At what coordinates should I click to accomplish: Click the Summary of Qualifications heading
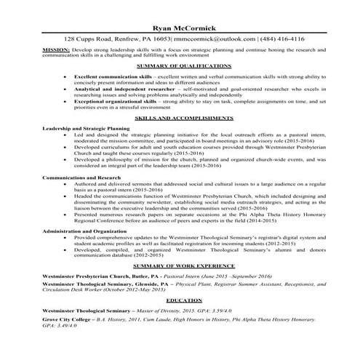180,66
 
